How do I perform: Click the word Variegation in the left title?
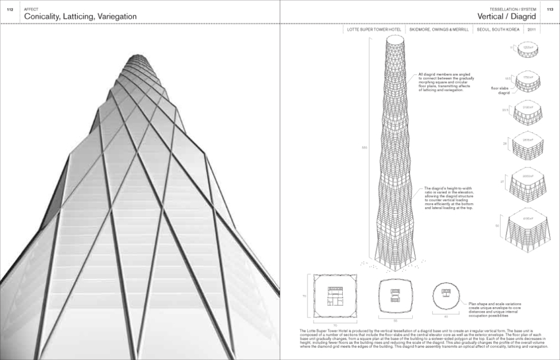click(x=113, y=17)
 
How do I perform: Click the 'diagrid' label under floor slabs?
click(x=503, y=93)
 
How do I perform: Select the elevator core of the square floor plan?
click(x=334, y=296)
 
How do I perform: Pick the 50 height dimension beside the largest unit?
click(x=497, y=226)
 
